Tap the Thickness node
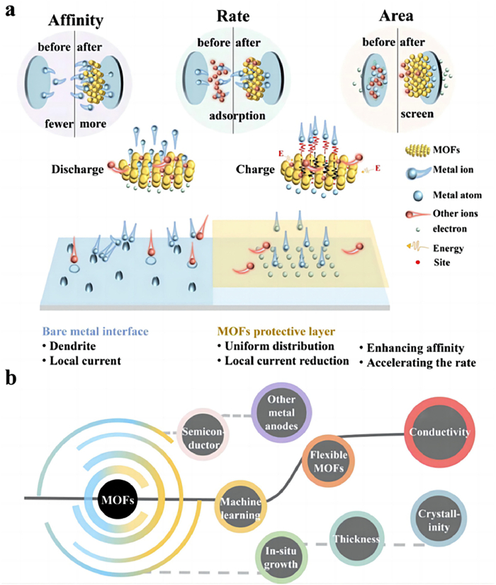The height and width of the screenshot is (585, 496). pos(359,540)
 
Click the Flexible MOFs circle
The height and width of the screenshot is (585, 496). pos(328,460)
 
